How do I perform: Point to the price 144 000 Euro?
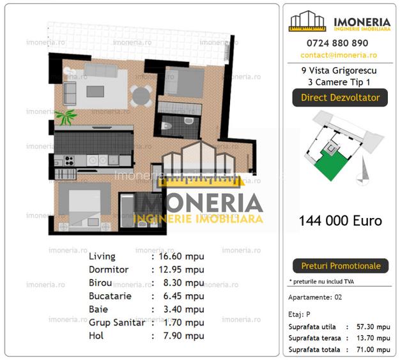pyautogui.click(x=340, y=221)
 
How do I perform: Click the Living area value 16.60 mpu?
pyautogui.click(x=181, y=256)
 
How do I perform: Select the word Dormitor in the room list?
pyautogui.click(x=109, y=270)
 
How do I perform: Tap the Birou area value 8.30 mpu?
pyautogui.click(x=181, y=283)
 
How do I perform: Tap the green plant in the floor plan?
pyautogui.click(x=65, y=116)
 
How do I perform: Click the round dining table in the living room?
pyautogui.click(x=141, y=96)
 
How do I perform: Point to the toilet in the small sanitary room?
pyautogui.click(x=167, y=126)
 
